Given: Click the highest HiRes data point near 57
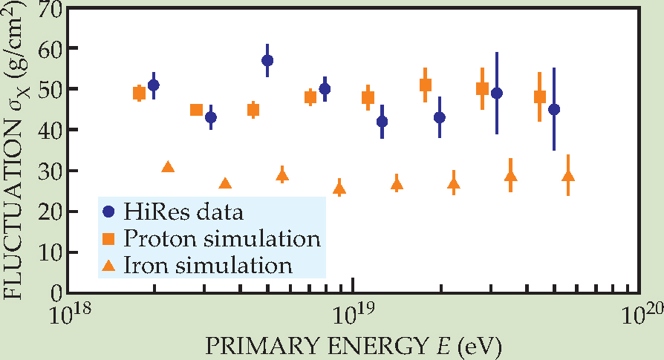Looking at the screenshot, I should (x=267, y=60).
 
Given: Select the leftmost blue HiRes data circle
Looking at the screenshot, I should (x=154, y=85).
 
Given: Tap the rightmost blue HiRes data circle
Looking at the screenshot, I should (x=553, y=109).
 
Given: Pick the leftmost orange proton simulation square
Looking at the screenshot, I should (x=139, y=93).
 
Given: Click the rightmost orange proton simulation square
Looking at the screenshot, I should (x=540, y=96).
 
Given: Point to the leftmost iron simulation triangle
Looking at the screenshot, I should (x=168, y=168).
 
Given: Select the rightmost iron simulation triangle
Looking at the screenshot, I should (x=568, y=176).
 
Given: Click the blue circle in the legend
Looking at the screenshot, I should (x=109, y=212).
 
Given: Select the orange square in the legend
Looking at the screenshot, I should (x=109, y=238).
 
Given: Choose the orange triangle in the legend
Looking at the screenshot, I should (x=109, y=264).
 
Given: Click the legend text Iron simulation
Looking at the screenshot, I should (x=209, y=264).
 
